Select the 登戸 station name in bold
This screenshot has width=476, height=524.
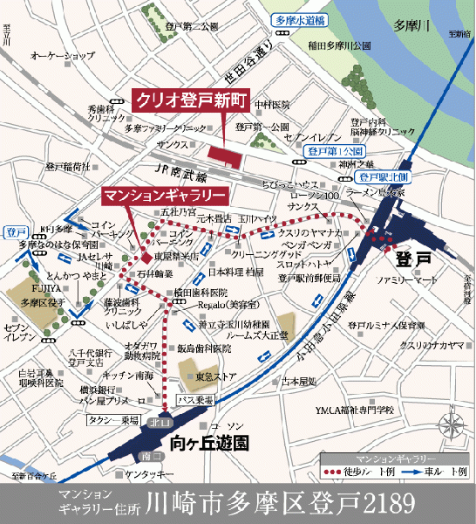(412, 260)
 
